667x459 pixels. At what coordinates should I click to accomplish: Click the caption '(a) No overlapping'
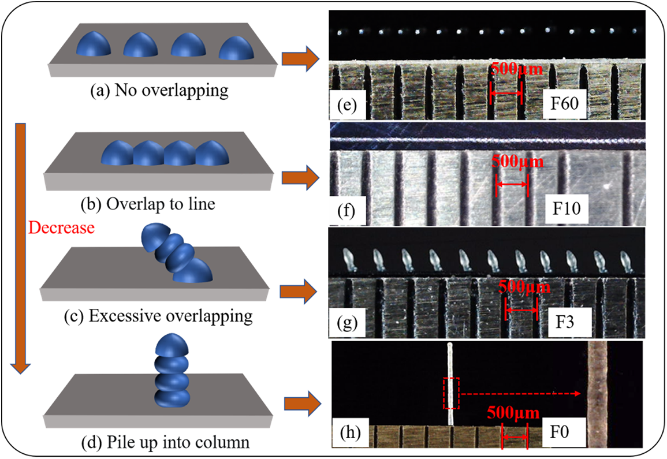[159, 90]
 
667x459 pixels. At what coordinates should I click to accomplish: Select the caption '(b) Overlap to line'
[148, 204]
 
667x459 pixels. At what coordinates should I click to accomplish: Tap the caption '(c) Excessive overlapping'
[158, 316]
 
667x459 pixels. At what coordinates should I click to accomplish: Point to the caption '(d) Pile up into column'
[166, 442]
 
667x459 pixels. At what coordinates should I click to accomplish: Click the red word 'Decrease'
[61, 227]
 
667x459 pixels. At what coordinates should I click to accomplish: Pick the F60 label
[564, 103]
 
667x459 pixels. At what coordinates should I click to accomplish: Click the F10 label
[566, 208]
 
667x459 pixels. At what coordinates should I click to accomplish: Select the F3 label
[565, 322]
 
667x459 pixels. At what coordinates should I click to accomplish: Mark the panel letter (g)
[347, 323]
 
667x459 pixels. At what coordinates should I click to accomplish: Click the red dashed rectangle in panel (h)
[451, 394]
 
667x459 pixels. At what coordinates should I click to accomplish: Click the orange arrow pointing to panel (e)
[300, 58]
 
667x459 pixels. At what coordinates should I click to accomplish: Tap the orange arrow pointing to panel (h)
[303, 404]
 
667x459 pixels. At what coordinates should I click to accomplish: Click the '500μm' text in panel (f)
[517, 162]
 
